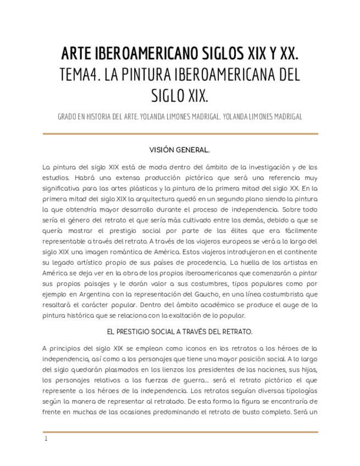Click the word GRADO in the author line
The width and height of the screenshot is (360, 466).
pyautogui.click(x=69, y=116)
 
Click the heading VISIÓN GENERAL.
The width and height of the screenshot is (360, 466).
pyautogui.click(x=180, y=149)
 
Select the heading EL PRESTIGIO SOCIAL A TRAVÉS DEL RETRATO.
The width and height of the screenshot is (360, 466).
pyautogui.click(x=180, y=332)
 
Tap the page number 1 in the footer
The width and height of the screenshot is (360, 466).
pyautogui.click(x=46, y=439)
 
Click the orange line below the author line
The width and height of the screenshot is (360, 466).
pyautogui.click(x=180, y=134)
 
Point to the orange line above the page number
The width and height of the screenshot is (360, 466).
pyautogui.click(x=180, y=432)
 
